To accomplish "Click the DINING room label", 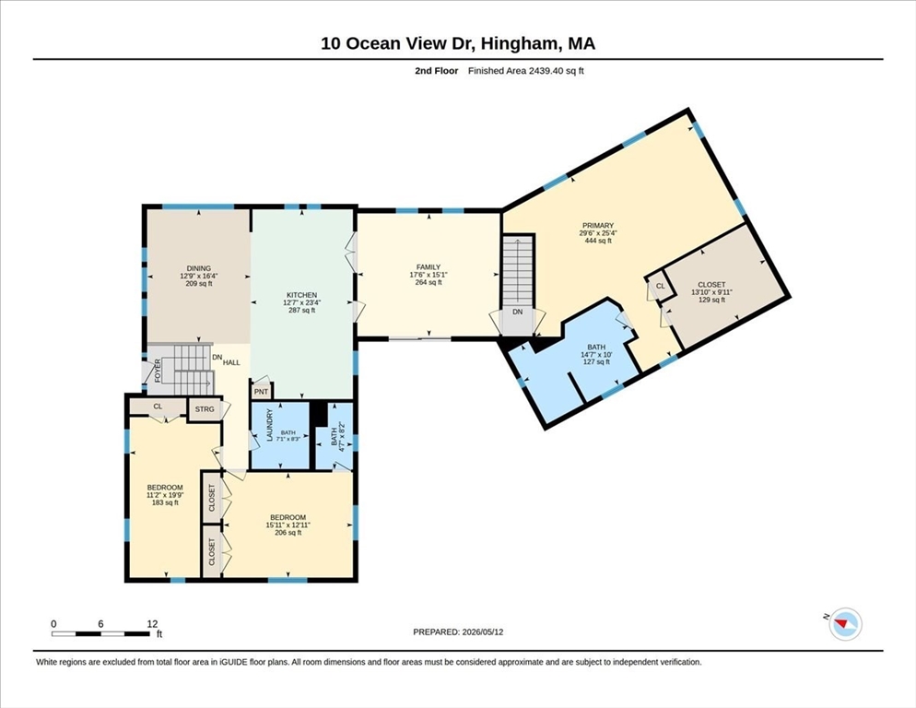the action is coord(199,268).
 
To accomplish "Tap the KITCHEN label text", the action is coord(301,295).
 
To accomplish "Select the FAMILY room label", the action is coord(429,267).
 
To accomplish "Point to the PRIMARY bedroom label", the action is coord(598,226).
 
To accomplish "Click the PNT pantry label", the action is coord(261,392).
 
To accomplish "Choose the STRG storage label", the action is coord(205,409).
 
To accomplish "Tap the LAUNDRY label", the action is coord(270,425).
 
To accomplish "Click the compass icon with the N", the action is coord(845,624).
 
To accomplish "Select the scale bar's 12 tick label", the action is coord(152,624).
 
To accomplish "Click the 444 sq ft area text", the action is coord(598,241).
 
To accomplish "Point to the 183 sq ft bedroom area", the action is coord(165,502).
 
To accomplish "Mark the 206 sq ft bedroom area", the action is coord(288,533).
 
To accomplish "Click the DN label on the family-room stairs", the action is coord(518,313).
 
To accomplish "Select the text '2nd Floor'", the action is coord(437,71).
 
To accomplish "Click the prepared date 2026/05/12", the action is coord(483,632).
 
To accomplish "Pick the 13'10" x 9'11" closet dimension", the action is coord(711,292).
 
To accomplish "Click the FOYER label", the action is coord(158,371).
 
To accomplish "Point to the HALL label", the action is coord(231,362).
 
